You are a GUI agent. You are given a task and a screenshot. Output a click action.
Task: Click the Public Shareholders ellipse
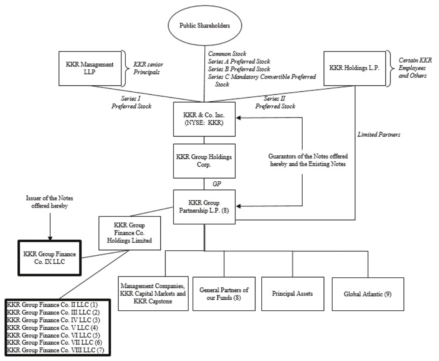(x=206, y=25)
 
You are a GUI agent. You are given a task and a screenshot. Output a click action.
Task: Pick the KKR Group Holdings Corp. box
(x=204, y=161)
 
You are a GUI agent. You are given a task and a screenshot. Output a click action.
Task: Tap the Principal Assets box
(x=292, y=294)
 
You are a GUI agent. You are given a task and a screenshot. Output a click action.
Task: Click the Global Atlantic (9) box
(x=368, y=294)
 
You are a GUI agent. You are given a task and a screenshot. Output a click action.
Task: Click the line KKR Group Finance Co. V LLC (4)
(x=49, y=328)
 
